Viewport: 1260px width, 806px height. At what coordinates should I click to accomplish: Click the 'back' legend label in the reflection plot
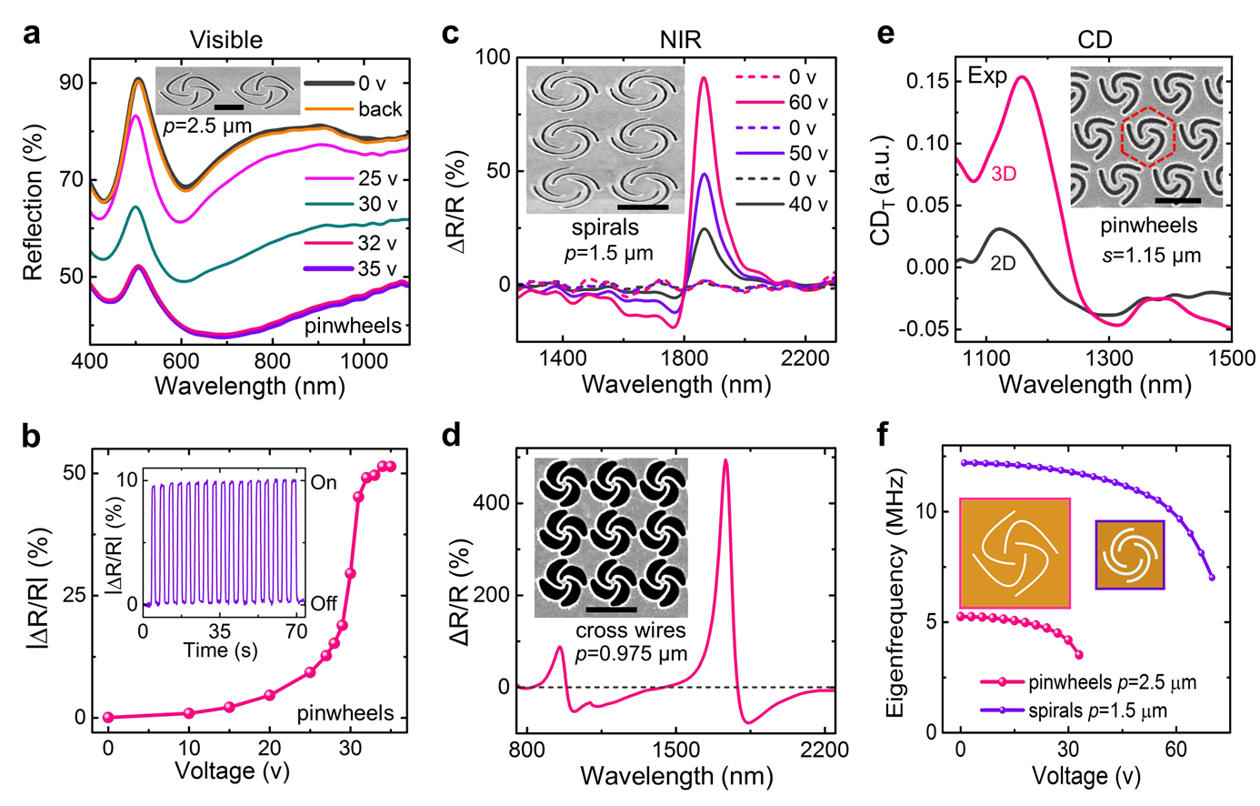(379, 109)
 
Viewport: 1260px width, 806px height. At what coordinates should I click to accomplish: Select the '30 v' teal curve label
(377, 204)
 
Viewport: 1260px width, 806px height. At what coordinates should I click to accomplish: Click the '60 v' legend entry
(807, 103)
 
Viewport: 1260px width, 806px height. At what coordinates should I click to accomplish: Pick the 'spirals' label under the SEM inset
(605, 227)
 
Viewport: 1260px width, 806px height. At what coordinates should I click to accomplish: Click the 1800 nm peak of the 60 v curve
(704, 78)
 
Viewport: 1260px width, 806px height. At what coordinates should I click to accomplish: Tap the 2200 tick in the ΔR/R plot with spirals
(805, 358)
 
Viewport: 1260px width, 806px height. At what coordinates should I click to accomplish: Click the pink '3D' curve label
(1004, 174)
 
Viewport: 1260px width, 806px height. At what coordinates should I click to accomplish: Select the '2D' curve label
(1003, 264)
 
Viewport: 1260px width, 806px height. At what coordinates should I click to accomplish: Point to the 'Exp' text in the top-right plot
(987, 76)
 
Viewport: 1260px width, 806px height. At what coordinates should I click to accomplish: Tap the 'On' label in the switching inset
(324, 482)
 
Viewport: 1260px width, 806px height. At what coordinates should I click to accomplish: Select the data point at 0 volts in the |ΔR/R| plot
(108, 717)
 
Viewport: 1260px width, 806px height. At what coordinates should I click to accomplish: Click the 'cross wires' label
(630, 630)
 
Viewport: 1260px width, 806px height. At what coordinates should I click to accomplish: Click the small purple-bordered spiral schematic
(1129, 554)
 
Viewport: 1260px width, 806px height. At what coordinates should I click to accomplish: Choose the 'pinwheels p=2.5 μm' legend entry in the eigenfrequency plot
(1111, 682)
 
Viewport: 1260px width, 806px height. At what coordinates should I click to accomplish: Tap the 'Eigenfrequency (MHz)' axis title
(895, 593)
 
